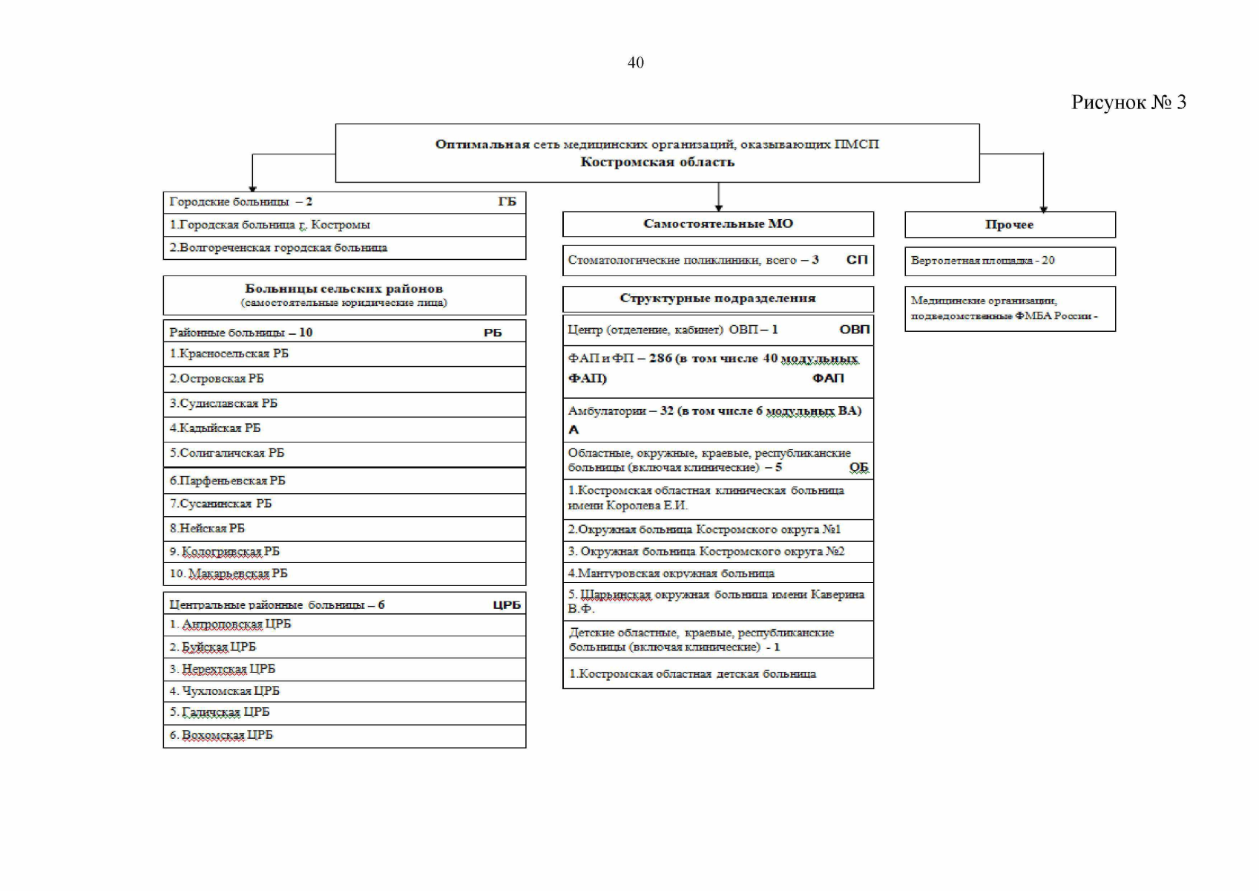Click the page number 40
coord(635,63)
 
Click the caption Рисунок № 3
coord(1128,102)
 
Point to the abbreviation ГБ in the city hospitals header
coord(507,202)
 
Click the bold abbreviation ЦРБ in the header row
coord(507,605)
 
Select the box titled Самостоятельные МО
coord(717,223)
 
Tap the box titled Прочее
coord(1009,224)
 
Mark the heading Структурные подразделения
coord(717,298)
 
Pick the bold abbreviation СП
coord(857,260)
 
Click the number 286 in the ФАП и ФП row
coord(660,359)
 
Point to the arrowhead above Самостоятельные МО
coord(718,208)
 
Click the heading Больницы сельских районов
coord(343,289)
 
